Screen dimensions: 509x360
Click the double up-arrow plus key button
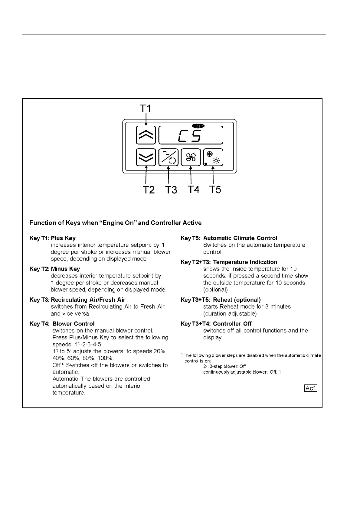146,135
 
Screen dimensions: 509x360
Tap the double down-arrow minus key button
146,157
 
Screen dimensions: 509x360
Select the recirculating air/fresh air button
168,157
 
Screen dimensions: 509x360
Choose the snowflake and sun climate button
213,157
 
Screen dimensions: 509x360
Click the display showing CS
191,135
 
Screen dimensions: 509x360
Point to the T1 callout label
146,108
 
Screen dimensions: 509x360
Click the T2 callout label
149,190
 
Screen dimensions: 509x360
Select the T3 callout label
171,190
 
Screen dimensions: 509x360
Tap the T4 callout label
194,190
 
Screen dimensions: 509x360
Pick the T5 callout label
215,190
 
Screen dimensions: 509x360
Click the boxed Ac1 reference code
311,388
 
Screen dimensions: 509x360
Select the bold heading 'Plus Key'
63,238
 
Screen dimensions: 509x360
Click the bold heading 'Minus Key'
65,269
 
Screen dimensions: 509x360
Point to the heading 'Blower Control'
74,324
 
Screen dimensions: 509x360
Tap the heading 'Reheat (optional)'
237,300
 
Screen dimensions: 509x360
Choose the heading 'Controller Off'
232,324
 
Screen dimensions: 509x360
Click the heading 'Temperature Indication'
245,262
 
